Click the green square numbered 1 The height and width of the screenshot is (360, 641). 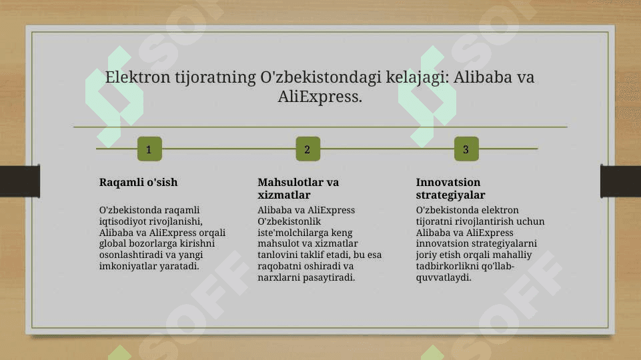(x=149, y=149)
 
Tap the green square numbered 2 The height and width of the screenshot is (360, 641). (x=308, y=149)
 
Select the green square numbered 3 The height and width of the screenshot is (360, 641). (x=466, y=149)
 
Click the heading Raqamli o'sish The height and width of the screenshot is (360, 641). (x=138, y=182)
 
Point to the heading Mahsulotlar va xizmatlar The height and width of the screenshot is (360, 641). (x=298, y=189)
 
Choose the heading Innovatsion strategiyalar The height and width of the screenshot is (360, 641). (x=450, y=189)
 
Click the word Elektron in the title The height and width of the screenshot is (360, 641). (x=137, y=77)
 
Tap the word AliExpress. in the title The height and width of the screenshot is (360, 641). (x=320, y=97)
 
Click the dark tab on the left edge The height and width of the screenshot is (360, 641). (x=20, y=181)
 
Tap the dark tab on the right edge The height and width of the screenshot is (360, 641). (x=620, y=181)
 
